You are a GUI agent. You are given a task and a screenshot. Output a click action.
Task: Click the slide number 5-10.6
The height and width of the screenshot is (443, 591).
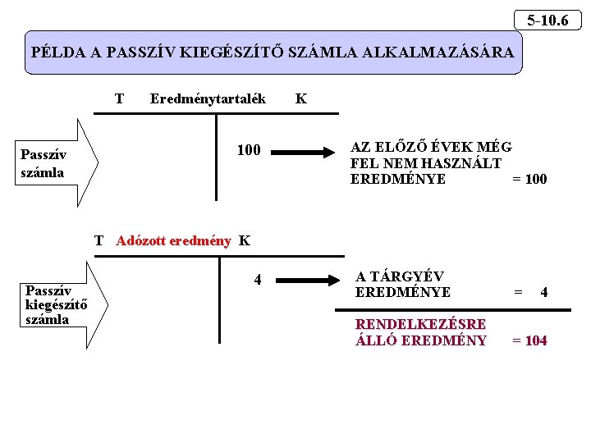547,19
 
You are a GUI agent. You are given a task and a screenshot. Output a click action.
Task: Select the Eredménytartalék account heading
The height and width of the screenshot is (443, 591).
208,98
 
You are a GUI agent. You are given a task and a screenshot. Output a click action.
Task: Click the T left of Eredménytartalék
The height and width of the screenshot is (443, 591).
120,98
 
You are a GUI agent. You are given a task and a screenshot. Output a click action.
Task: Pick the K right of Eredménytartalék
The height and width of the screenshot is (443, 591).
300,98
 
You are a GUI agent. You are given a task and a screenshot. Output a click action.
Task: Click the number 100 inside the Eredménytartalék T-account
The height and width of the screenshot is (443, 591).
248,150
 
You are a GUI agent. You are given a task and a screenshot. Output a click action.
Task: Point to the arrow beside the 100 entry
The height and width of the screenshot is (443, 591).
305,151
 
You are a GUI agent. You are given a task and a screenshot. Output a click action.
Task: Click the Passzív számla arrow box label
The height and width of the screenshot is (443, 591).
43,162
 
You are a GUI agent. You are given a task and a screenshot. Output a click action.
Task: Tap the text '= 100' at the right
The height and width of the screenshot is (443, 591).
529,179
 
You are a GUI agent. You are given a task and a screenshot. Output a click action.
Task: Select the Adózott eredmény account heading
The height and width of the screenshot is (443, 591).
173,240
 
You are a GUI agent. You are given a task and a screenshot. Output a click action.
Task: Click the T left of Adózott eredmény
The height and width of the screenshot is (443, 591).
99,240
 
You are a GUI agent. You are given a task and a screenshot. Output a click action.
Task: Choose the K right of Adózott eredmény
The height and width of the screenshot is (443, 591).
244,240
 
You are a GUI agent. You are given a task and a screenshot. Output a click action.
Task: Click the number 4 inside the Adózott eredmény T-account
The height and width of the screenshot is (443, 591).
258,280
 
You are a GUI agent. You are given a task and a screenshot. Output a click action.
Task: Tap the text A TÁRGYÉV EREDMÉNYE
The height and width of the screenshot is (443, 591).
402,283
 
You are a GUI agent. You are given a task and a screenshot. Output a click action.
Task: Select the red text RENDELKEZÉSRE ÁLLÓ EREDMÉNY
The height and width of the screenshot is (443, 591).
420,332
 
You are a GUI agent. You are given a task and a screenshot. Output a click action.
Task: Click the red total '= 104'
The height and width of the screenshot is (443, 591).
529,340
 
